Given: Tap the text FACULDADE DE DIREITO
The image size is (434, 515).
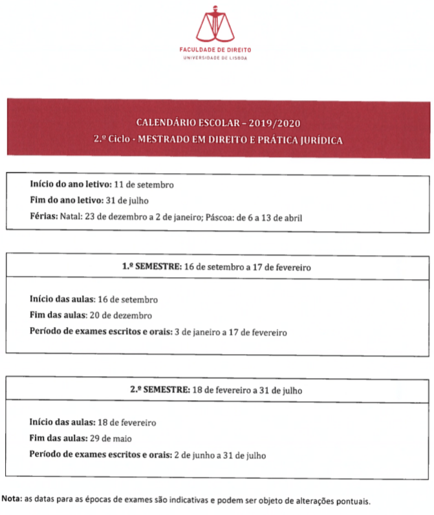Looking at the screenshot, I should (x=217, y=50).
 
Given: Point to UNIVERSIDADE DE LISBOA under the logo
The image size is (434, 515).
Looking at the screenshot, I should (x=217, y=58).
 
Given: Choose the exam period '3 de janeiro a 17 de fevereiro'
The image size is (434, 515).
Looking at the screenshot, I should (x=231, y=332).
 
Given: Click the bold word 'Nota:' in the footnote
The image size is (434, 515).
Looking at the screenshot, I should (x=12, y=499).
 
